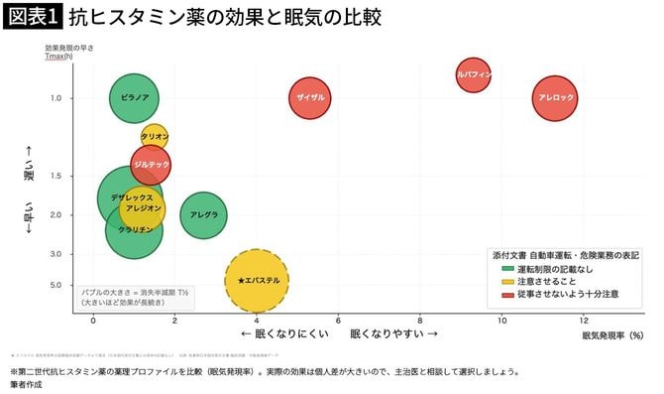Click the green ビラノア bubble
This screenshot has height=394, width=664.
(x=135, y=98)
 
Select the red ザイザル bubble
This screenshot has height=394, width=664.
(x=310, y=98)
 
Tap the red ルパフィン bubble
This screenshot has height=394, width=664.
(x=474, y=74)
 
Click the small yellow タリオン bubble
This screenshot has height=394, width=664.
(x=155, y=137)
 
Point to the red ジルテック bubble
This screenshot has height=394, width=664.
(x=152, y=164)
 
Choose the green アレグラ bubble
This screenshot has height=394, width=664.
(x=203, y=215)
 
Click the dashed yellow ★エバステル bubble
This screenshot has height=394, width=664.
(x=257, y=281)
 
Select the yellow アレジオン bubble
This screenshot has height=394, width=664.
(x=142, y=208)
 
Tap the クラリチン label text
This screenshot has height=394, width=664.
(x=135, y=229)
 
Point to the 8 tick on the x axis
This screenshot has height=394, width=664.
(x=420, y=321)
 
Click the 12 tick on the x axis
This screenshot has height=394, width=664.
(x=584, y=321)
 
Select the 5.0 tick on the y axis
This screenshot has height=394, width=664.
(x=55, y=286)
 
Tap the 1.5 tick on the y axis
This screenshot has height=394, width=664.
(x=55, y=176)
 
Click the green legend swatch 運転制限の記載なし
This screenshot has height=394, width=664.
(x=508, y=269)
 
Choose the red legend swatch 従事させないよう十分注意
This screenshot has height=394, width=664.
(x=508, y=295)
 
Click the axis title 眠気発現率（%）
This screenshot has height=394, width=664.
(x=612, y=335)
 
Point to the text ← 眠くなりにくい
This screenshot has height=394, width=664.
(x=284, y=334)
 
